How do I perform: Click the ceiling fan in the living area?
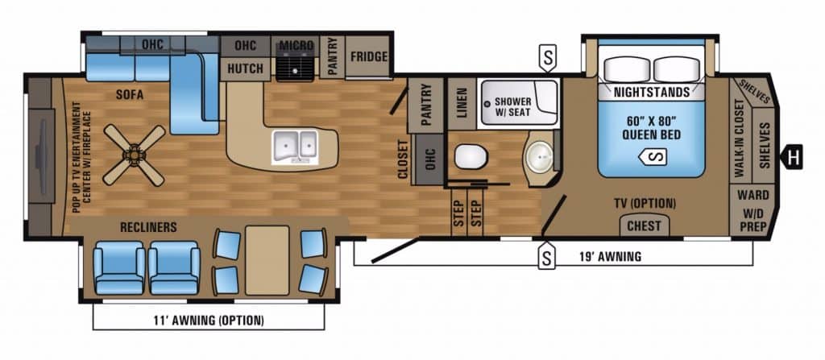135,155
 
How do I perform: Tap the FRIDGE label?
369,57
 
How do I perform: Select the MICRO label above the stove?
296,45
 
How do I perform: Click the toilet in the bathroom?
471,157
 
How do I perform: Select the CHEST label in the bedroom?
644,226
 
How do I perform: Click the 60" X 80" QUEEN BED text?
651,128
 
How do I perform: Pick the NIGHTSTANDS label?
651,93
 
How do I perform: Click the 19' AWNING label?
610,257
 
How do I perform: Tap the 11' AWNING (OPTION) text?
209,320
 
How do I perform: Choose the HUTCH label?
245,68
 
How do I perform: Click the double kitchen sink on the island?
295,147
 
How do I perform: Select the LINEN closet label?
462,103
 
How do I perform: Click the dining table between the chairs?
267,260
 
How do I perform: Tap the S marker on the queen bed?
653,156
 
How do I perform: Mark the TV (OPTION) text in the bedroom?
645,203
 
